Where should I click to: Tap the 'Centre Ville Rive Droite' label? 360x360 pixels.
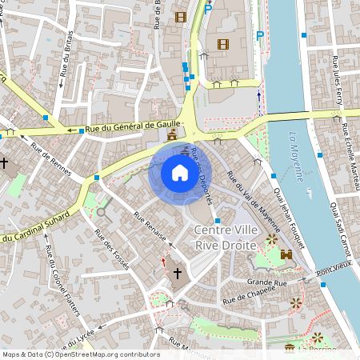click(226, 238)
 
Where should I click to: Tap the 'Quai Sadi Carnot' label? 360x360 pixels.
click(342, 225)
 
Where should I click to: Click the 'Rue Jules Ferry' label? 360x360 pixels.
click(336, 77)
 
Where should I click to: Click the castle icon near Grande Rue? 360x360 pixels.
click(286, 254)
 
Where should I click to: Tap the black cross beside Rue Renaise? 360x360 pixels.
click(177, 274)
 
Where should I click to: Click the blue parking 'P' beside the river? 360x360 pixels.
click(259, 34)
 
